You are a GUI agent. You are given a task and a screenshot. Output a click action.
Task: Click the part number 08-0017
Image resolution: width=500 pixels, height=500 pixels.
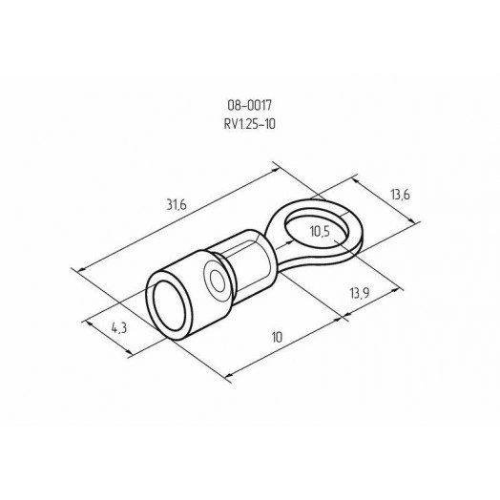point(250,108)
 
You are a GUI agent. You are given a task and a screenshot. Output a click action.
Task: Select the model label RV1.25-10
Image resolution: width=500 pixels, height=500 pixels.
point(250,123)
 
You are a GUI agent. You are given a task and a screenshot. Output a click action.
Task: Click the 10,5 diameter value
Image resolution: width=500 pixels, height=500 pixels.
point(321,229)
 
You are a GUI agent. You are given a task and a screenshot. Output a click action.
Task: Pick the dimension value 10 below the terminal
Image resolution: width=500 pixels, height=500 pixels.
point(276,338)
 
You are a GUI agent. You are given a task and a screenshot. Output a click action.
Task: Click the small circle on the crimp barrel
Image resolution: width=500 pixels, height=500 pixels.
point(219,282)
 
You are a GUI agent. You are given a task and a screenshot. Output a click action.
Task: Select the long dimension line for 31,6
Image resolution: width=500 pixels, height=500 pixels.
point(181,219)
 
